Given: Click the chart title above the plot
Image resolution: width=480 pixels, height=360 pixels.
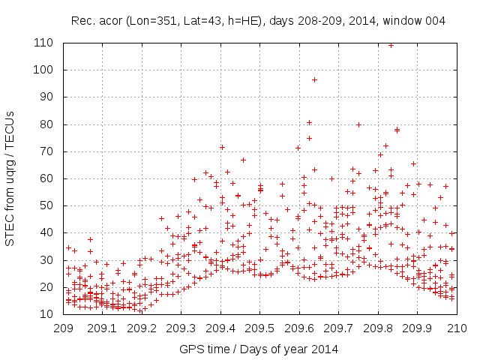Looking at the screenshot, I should pos(258,21).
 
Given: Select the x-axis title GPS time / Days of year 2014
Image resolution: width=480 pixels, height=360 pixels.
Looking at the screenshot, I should pos(259,349).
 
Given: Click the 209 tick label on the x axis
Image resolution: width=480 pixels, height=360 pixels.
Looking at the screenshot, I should pos(63,328).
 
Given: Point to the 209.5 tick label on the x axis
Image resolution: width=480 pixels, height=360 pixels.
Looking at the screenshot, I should pos(259,328).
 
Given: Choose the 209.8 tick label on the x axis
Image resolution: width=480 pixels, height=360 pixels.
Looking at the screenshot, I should pos(378,328).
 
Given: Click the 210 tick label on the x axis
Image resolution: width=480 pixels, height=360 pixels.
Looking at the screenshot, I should pos(457,328).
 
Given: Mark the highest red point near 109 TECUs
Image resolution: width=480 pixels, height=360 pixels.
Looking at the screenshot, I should pos(391,45).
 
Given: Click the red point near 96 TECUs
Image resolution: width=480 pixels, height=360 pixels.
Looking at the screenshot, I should pos(314,79).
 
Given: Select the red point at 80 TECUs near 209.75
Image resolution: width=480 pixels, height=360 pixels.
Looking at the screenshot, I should pos(358,124).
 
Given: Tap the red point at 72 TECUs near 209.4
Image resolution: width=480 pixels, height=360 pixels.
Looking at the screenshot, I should pos(222,147).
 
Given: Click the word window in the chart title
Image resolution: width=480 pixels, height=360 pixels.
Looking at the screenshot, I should pos(406,21).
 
